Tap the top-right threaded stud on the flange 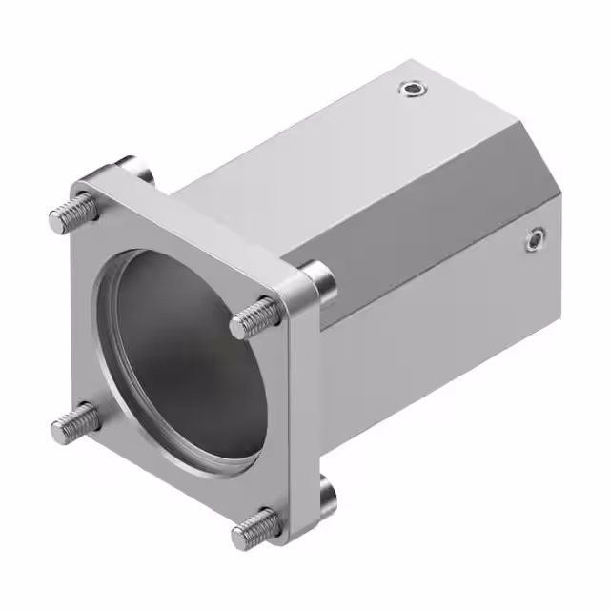click(254, 318)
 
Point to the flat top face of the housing click(315, 152)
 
